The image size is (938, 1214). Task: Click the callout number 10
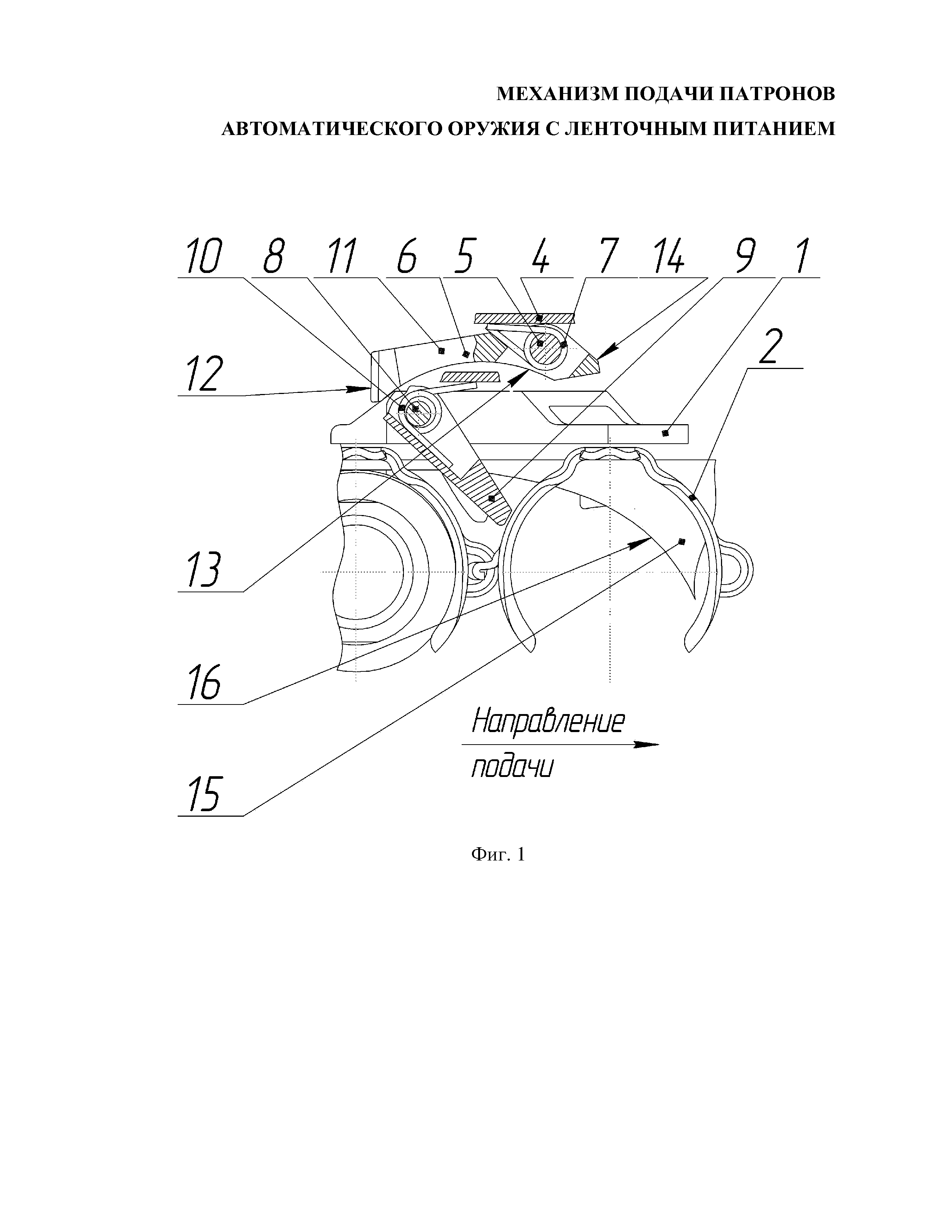tap(204, 257)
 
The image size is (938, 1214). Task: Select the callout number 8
tap(273, 257)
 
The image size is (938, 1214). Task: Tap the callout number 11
tap(341, 257)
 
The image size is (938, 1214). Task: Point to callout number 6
tap(407, 257)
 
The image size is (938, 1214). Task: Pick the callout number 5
tap(464, 257)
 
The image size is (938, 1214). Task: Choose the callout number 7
tap(609, 257)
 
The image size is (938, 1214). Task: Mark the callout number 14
tap(668, 257)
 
